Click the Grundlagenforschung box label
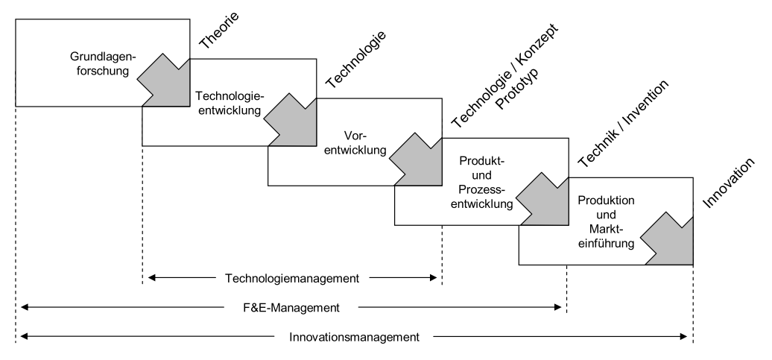pos(99,64)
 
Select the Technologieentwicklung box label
pos(230,104)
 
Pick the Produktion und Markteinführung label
pos(605,221)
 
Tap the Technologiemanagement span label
pos(292,278)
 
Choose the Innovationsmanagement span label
pos(354,336)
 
